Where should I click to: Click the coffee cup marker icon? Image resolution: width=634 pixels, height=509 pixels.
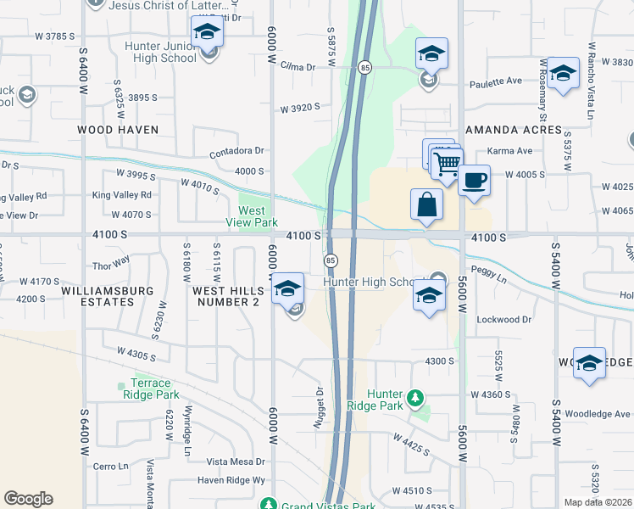pos(475,180)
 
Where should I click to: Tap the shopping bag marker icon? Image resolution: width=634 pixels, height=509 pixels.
pos(425,204)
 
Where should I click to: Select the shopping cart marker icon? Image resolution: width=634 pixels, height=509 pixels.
pos(447,162)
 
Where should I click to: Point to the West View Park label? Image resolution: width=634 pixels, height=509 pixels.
pos(258,216)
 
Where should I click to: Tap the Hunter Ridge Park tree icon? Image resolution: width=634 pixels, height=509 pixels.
pos(414,398)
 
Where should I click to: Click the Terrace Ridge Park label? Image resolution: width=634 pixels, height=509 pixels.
pos(154,389)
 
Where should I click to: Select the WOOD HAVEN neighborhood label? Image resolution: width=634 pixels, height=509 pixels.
pos(118,130)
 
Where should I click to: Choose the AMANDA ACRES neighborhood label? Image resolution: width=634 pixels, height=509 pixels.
pos(514,130)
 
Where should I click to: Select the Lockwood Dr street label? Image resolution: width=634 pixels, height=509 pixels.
pos(503,320)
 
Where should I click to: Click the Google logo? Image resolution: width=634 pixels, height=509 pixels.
pos(28,499)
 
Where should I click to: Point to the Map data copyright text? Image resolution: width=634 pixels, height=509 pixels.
pos(598,502)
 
